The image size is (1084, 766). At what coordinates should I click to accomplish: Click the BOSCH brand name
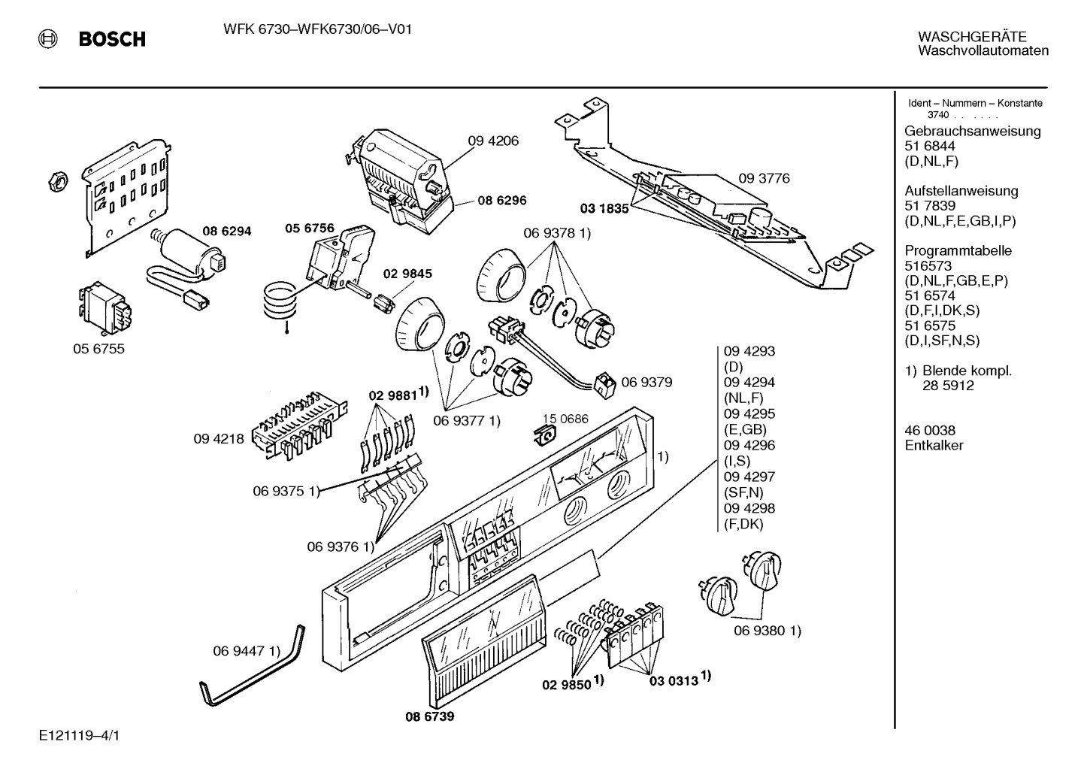pos(112,38)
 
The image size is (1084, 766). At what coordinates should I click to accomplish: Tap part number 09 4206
pos(492,141)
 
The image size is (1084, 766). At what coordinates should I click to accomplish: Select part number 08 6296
pos(502,200)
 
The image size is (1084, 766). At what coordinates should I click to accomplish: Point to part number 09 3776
pos(764,179)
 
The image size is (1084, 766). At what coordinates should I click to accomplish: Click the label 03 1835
pos(604,208)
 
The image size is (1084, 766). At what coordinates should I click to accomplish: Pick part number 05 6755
pos(98,348)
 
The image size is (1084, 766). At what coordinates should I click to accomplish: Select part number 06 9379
pos(646,383)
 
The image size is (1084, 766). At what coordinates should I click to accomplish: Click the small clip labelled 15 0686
pos(544,435)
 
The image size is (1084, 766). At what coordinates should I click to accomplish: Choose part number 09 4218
pos(219,439)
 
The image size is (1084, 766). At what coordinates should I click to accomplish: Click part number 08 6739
pos(430,716)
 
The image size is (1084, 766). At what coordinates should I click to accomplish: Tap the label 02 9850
pos(567,685)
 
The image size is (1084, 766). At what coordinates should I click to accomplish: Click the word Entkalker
pos(934,445)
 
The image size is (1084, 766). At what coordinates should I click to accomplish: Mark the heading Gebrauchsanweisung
pos(973,131)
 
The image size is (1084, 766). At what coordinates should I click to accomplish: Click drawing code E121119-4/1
pos(79,735)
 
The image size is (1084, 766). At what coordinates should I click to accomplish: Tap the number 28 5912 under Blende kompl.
pos(948,386)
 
